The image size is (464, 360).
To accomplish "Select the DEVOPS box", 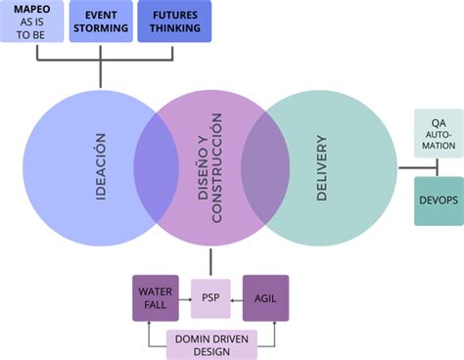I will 439,200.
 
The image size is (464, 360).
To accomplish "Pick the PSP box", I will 210,298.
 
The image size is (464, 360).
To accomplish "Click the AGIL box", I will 265,298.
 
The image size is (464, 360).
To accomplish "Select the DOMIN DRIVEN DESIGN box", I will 211,343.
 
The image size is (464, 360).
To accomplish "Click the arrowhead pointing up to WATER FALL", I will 149,326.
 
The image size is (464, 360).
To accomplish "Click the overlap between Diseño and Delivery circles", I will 266,163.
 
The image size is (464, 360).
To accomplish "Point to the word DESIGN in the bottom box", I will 211,350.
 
